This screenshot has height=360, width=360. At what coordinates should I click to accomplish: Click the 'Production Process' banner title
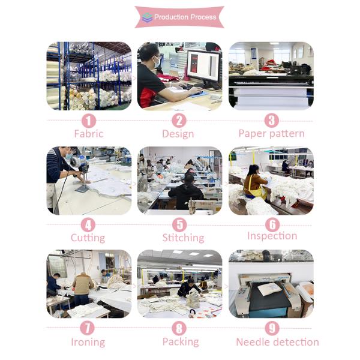coord(185,17)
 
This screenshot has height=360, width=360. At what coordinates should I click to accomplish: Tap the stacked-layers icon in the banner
coord(147,17)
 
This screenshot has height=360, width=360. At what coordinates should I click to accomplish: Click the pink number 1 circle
coord(89,121)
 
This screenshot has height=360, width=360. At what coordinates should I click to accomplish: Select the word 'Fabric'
coord(89,134)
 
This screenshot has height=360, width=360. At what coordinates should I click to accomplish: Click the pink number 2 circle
coord(179,121)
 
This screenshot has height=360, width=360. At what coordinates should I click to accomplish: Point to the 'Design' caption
coord(178,134)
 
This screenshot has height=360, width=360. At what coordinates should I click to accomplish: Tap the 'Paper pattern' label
coord(272,134)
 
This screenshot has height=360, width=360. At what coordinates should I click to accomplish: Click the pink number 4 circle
coord(88,225)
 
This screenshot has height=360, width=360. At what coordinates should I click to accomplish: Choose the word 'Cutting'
coord(88,238)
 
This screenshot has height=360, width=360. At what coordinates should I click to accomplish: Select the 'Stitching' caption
coord(183,238)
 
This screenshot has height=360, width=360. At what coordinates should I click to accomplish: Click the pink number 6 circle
coord(272,224)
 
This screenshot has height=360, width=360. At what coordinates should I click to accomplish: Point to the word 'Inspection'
coord(272,236)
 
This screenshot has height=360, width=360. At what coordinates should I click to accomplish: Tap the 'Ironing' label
coord(88,342)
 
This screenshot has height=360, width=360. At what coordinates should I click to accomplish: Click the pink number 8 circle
coord(179,328)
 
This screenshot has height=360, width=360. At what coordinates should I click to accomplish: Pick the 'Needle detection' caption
coord(278,342)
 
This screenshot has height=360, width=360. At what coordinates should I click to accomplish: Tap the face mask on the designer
coord(157,62)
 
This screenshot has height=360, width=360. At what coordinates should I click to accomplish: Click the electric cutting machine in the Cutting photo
coord(80,171)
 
